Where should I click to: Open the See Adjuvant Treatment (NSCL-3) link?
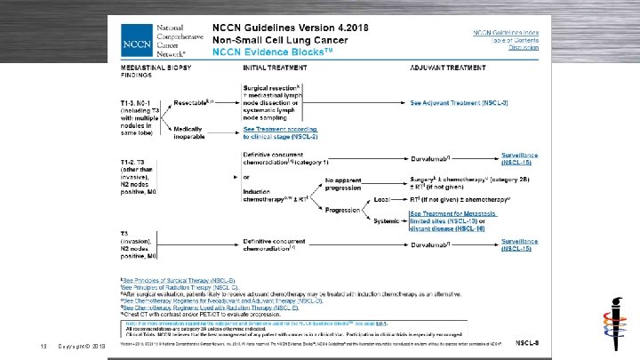click(459, 104)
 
